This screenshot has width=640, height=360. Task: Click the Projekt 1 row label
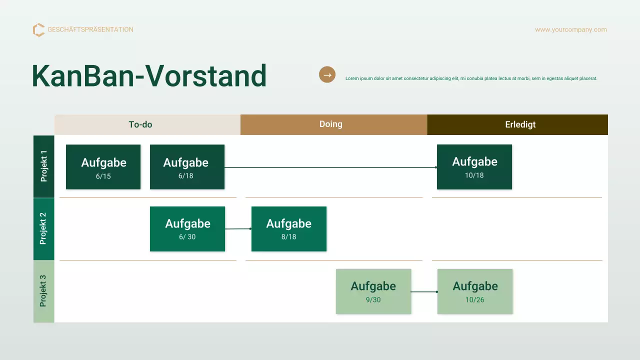coord(43,166)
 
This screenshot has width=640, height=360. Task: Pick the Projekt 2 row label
coord(43,228)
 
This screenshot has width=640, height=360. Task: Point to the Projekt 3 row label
coord(43,291)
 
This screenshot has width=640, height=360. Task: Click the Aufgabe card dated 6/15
coord(103,167)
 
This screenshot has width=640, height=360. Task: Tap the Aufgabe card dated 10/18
coord(474,167)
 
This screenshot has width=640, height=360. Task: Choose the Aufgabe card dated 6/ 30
coord(187,229)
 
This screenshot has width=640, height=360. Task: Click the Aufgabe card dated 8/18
coord(288,229)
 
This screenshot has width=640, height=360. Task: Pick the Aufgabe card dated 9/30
coord(373,291)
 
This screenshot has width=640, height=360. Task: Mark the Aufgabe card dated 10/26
coord(474,291)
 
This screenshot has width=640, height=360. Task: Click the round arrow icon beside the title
coord(327,75)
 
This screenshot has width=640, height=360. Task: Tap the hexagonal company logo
coord(38,30)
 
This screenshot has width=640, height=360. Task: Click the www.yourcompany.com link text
coord(570,29)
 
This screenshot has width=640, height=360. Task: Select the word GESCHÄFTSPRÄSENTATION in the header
coord(90,29)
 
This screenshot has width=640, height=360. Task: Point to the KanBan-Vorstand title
coord(149,76)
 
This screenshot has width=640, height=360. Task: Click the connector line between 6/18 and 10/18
coord(330,167)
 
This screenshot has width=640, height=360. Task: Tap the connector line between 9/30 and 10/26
coord(424,291)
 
